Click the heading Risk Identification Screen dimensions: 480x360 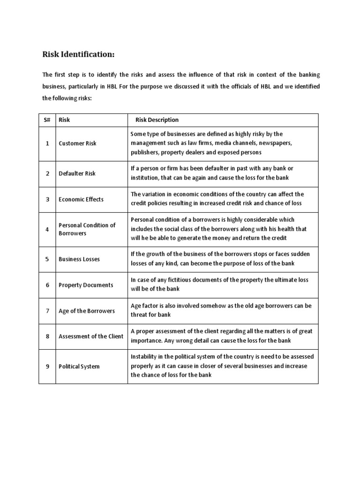[x=78, y=55]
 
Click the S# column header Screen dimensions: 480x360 [x=47, y=120]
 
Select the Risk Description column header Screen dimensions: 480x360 [x=157, y=120]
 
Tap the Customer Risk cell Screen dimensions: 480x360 [x=77, y=143]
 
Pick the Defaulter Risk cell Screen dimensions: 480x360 [x=77, y=173]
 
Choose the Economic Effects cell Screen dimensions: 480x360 [x=81, y=199]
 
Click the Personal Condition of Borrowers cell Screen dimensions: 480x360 [x=87, y=229]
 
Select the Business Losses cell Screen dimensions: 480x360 [x=79, y=259]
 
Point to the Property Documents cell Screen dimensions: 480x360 [x=86, y=285]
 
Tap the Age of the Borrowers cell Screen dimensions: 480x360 [x=87, y=311]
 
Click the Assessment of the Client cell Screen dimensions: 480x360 [x=91, y=336]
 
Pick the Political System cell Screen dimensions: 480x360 [x=79, y=367]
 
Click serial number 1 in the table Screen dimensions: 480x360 [x=47, y=143]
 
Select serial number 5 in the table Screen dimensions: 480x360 [x=47, y=259]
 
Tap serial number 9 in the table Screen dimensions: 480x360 [x=47, y=367]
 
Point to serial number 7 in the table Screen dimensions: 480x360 [x=47, y=311]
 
